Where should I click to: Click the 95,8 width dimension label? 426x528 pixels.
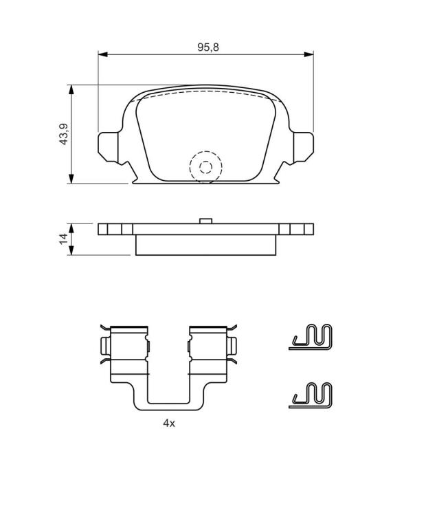(208, 47)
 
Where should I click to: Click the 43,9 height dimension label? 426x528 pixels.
(64, 134)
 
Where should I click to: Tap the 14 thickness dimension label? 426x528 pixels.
(64, 239)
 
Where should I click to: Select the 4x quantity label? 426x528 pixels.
(169, 423)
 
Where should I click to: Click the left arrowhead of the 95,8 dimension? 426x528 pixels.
(102, 54)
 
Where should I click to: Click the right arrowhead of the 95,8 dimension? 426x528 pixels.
(309, 54)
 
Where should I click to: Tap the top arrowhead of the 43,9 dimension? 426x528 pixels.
(71, 89)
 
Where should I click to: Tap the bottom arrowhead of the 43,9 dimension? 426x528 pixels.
(71, 179)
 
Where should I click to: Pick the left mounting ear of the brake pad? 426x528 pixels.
(109, 147)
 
